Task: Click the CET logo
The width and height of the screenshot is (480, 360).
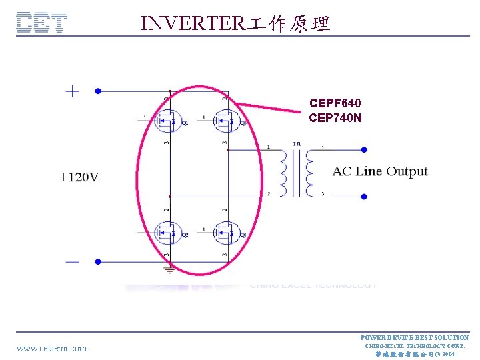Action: [41, 23]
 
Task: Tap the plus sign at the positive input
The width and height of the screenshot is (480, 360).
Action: [71, 91]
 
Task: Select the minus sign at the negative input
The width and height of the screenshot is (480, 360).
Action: [71, 262]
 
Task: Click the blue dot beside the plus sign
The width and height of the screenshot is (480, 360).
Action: [97, 91]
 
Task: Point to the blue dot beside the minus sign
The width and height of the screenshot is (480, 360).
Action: [97, 262]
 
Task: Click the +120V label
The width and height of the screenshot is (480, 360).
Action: [79, 177]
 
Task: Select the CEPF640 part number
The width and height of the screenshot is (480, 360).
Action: [335, 103]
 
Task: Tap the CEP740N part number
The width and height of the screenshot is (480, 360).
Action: [335, 118]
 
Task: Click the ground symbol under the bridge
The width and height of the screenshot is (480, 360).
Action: [170, 269]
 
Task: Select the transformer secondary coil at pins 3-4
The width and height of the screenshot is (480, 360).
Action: [309, 171]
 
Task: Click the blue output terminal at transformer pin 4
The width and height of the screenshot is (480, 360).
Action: [364, 149]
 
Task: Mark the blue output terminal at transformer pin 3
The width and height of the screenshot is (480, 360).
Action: [364, 197]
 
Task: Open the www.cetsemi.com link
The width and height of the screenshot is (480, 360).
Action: [51, 348]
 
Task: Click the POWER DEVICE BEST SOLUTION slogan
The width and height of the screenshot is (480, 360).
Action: [414, 338]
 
